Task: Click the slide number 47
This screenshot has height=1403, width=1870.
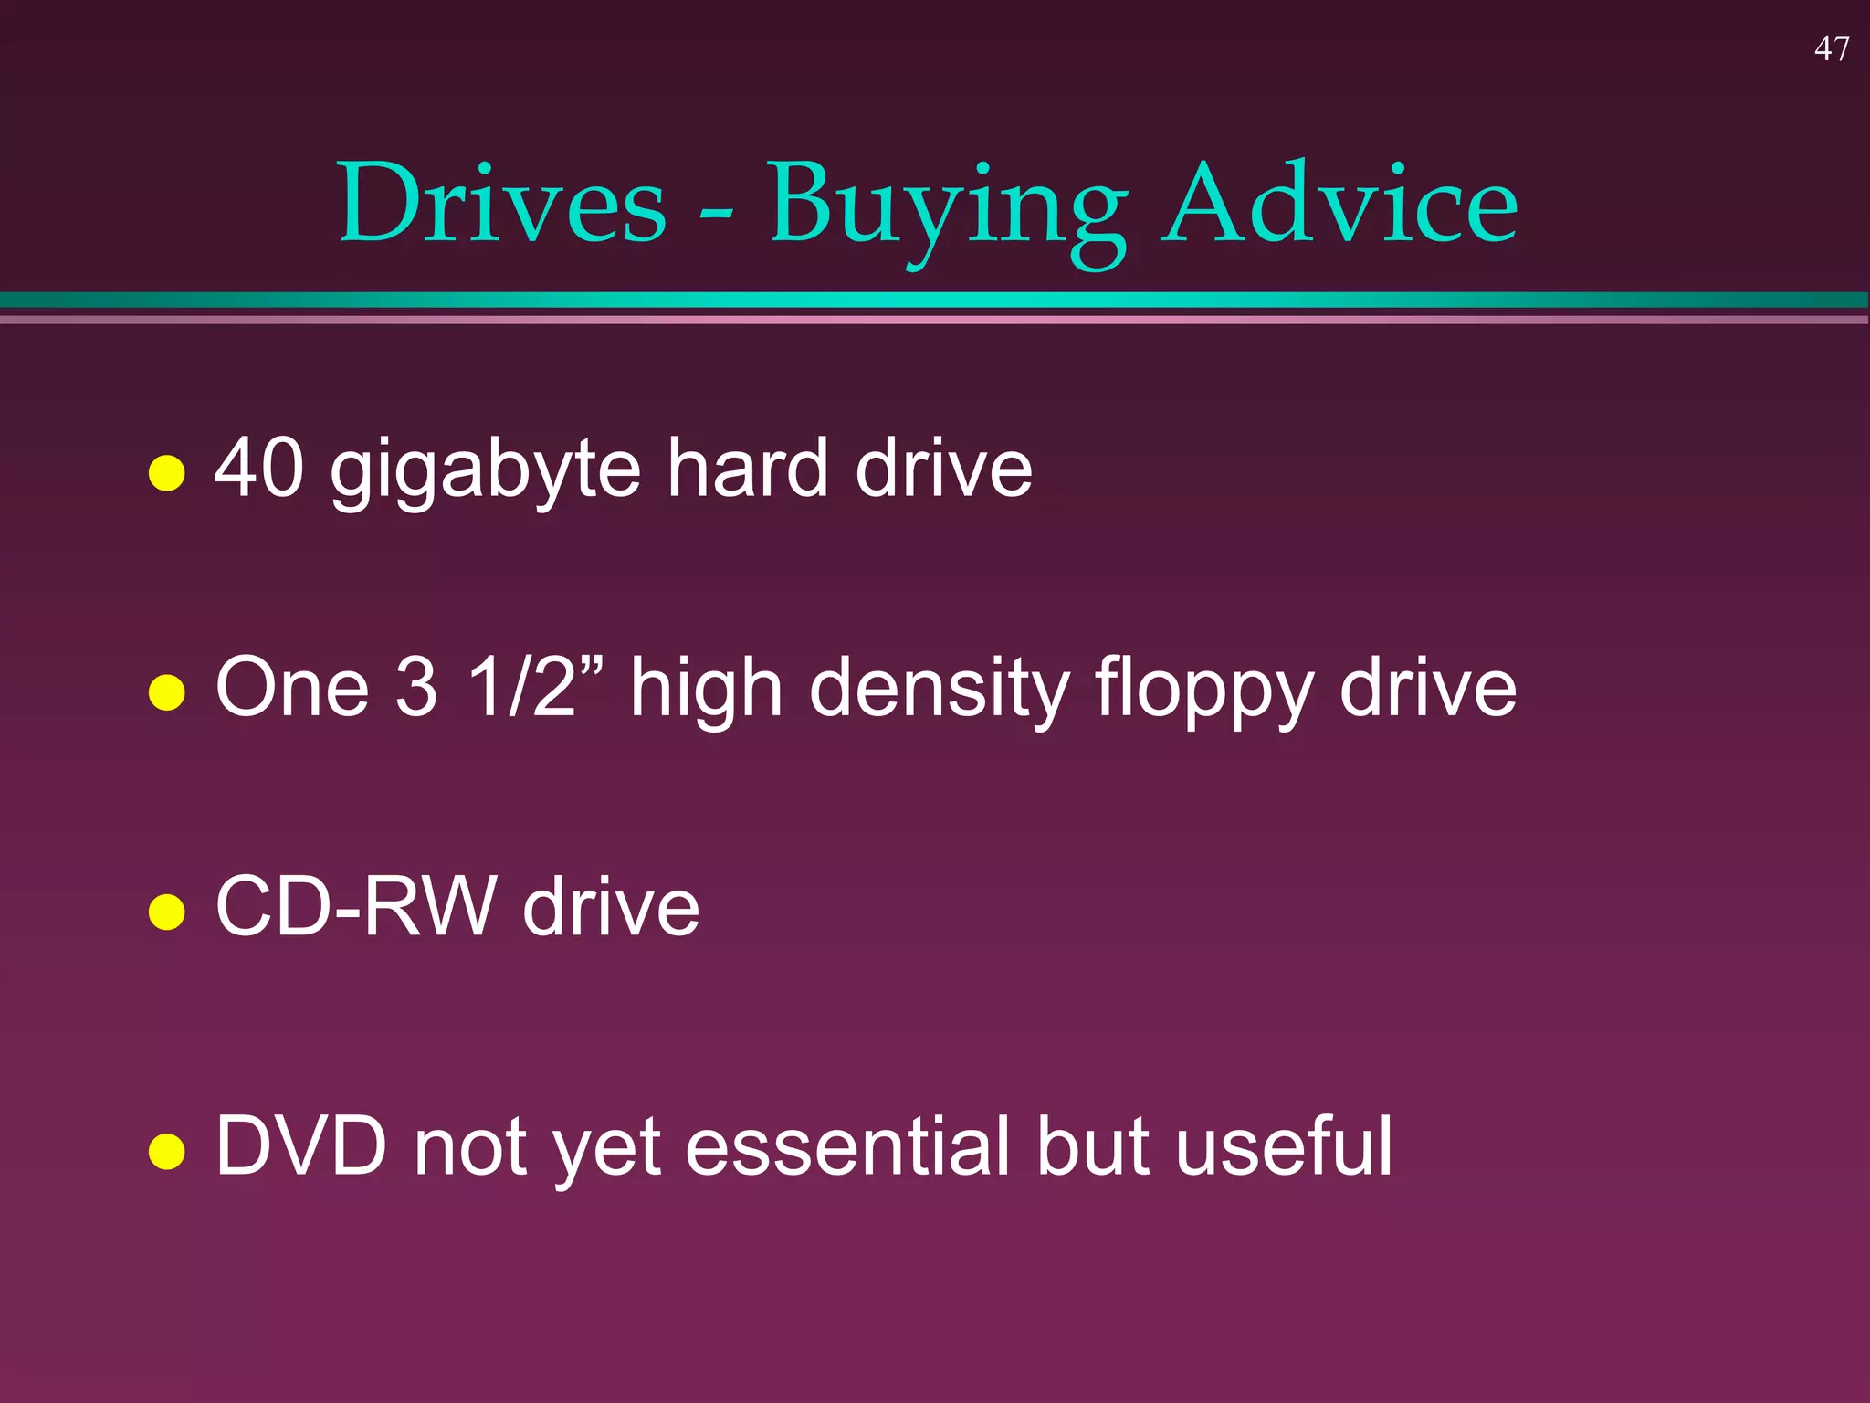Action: [1832, 48]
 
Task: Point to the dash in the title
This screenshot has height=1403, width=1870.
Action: [716, 216]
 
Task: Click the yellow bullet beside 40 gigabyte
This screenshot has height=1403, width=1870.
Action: [167, 473]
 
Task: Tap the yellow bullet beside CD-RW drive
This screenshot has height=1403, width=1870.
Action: [167, 912]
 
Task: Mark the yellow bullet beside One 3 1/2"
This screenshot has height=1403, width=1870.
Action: [167, 691]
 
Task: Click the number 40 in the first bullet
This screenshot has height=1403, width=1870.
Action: [259, 468]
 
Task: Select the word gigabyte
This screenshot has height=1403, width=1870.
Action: [486, 471]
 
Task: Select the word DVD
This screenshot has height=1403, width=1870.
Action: [301, 1145]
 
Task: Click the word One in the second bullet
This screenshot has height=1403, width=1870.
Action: [292, 687]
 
